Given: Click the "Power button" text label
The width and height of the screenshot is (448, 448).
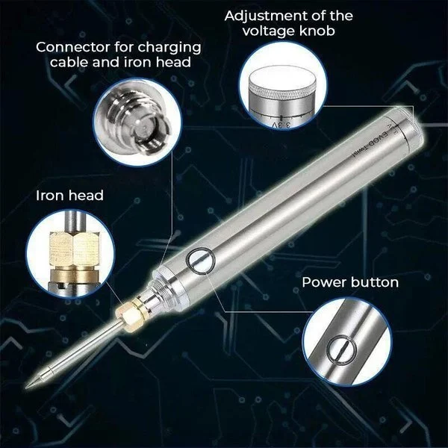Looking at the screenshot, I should pyautogui.click(x=350, y=283).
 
